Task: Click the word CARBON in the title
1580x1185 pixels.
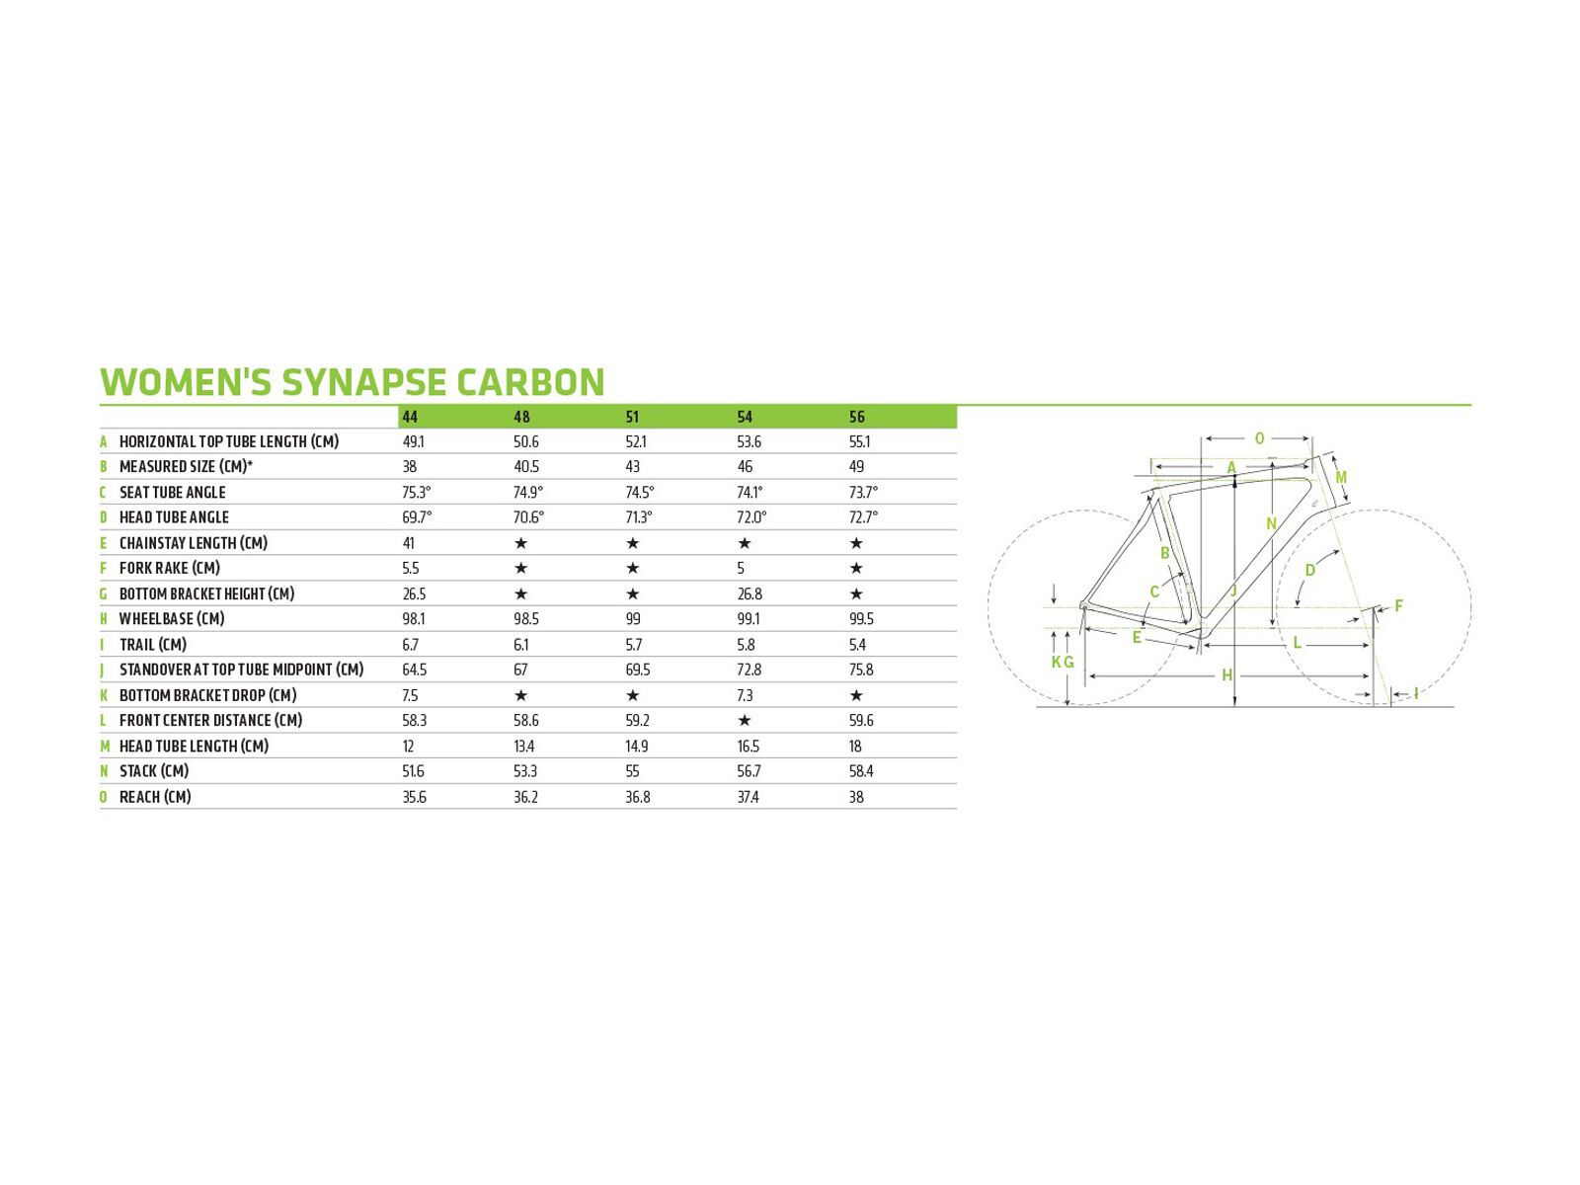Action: pos(530,382)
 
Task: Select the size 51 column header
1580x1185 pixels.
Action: pos(632,417)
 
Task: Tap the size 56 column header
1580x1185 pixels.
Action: pos(856,417)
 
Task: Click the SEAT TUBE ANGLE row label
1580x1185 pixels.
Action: pos(172,492)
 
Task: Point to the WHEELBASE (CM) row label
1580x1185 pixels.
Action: pos(171,619)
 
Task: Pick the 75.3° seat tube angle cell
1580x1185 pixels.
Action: pos(416,492)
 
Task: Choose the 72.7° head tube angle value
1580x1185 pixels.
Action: pos(863,517)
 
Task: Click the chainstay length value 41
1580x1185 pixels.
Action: pos(408,543)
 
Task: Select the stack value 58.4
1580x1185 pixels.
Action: pos(861,771)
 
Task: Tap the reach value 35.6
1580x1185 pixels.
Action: pos(414,797)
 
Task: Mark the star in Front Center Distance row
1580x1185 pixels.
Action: pos(745,720)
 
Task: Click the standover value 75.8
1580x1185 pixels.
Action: pos(861,670)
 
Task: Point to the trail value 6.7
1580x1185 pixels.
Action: pos(410,645)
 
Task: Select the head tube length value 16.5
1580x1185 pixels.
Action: pos(748,747)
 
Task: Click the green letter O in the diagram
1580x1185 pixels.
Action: pos(1259,438)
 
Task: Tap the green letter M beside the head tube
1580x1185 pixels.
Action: pos(1341,477)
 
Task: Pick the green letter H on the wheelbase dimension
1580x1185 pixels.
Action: pos(1227,674)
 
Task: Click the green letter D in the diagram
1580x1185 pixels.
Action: pos(1310,571)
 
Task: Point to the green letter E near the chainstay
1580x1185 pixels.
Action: pos(1137,638)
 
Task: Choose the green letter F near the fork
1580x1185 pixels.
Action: pos(1398,605)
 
